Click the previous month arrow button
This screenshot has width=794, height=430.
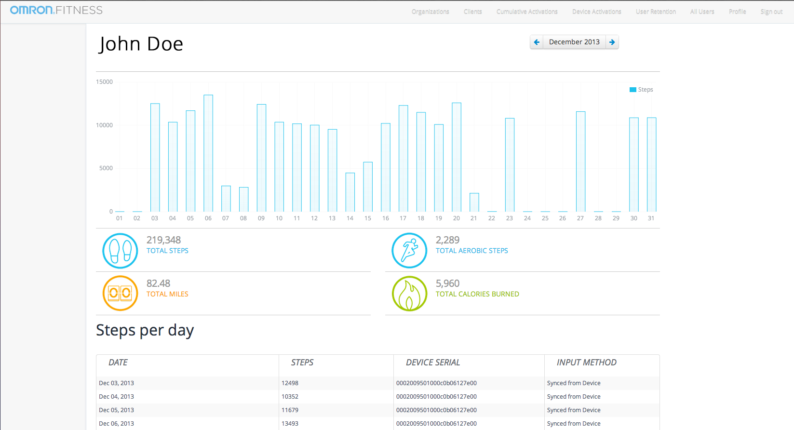tap(536, 42)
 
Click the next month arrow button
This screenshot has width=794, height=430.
tap(612, 42)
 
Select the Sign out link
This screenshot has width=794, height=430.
tap(771, 12)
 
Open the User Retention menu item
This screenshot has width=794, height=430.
tap(656, 12)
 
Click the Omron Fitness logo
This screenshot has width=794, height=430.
tap(56, 10)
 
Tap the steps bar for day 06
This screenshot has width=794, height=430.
tap(208, 153)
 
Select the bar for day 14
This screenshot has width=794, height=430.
tap(350, 192)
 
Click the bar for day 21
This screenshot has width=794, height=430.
tap(474, 202)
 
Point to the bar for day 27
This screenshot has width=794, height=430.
tap(580, 161)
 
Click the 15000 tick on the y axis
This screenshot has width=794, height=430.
tap(104, 82)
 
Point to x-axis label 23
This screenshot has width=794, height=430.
tap(510, 218)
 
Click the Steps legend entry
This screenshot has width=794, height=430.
tap(641, 90)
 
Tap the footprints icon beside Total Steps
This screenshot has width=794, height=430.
tap(120, 251)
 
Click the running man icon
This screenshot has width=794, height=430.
tap(409, 251)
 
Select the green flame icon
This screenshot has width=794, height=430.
tap(409, 294)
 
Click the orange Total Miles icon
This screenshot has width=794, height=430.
tap(120, 294)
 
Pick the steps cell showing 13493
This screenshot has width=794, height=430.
tap(290, 424)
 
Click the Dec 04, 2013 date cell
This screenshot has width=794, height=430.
tap(116, 397)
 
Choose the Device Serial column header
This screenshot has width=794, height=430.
tap(433, 363)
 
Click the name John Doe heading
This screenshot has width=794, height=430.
tap(141, 44)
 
